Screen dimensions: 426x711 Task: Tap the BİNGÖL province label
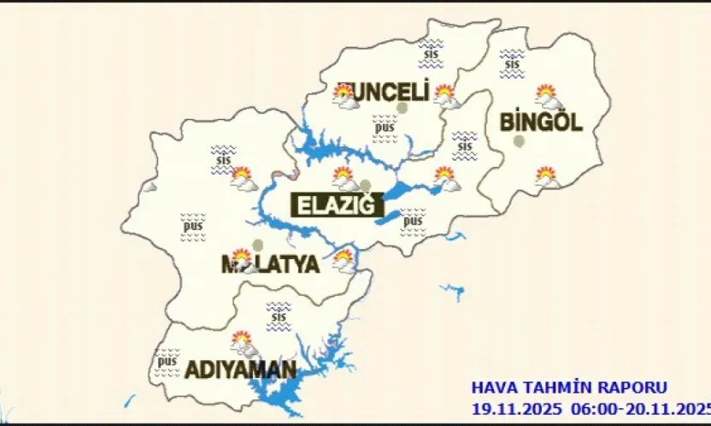coord(541,121)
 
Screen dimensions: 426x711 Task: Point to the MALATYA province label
coord(270,264)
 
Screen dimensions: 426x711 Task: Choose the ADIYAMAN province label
coord(241,370)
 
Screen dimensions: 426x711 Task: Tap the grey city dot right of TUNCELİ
coord(402,108)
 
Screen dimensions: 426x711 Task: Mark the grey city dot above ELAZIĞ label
coord(366,185)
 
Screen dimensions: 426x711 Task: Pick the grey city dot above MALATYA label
coord(258,245)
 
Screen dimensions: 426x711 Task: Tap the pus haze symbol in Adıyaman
coord(167,361)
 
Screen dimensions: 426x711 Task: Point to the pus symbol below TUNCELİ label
coord(385,128)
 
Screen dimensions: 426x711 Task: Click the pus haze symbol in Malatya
coord(193,226)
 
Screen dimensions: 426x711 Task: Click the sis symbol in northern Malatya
coord(223,158)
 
